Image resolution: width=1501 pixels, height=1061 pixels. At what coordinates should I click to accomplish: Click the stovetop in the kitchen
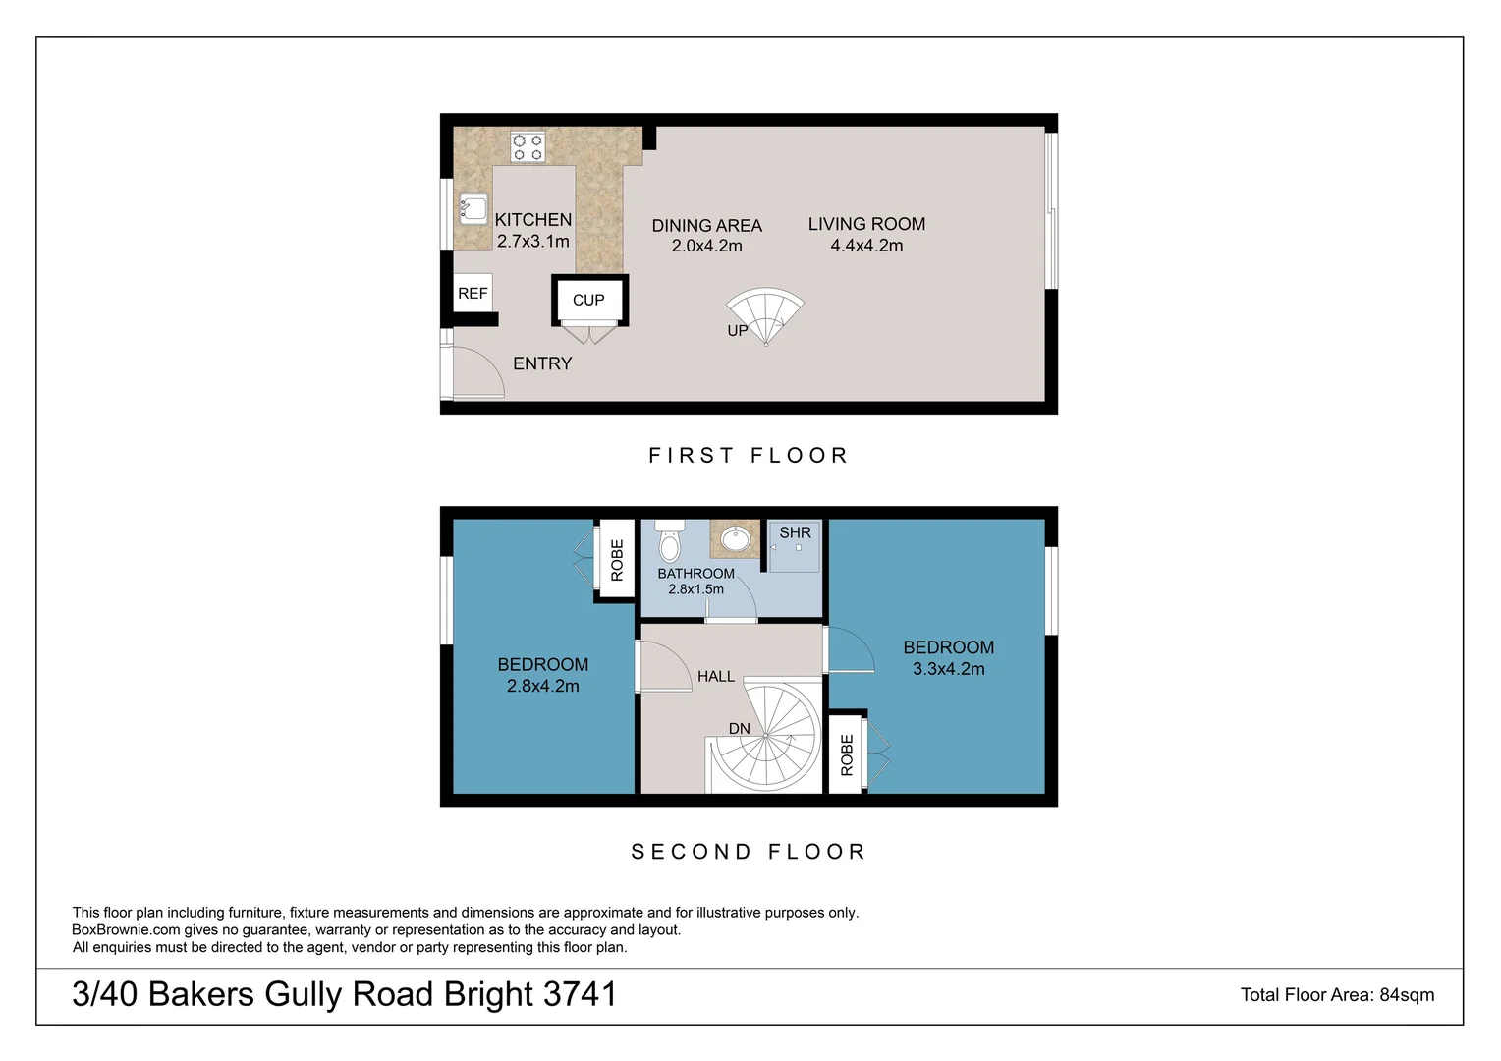[528, 147]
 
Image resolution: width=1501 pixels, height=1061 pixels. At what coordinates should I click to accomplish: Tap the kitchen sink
[473, 208]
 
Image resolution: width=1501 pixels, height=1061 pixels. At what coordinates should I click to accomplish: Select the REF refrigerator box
[473, 293]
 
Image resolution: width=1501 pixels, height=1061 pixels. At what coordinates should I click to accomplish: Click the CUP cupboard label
[588, 300]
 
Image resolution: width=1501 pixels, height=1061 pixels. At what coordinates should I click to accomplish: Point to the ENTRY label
[542, 363]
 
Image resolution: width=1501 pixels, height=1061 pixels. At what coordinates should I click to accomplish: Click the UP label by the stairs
[738, 331]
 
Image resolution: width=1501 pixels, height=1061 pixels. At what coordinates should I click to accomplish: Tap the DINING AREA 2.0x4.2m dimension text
[706, 247]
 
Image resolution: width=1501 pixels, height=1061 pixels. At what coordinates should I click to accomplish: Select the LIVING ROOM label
[866, 224]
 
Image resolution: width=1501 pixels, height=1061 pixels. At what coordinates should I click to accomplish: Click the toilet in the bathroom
[670, 541]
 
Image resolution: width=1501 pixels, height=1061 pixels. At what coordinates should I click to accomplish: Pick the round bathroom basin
[735, 539]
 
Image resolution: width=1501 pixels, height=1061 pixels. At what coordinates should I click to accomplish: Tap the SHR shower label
[796, 532]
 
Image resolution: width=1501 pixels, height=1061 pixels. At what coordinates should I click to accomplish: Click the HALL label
[716, 676]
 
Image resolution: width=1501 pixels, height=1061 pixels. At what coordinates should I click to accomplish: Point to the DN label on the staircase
[740, 729]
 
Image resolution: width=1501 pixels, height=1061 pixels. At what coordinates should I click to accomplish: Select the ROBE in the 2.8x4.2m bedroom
[617, 560]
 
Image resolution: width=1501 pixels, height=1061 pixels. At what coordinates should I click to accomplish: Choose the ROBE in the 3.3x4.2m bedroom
[847, 754]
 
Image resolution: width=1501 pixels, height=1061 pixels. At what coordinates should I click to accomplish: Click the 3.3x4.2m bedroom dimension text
[948, 669]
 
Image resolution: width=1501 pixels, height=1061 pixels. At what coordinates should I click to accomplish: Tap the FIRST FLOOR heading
[749, 456]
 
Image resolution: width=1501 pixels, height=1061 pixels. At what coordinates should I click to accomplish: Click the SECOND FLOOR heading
[749, 852]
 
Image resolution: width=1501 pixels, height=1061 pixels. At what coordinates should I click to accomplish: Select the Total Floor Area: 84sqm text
[1337, 995]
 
